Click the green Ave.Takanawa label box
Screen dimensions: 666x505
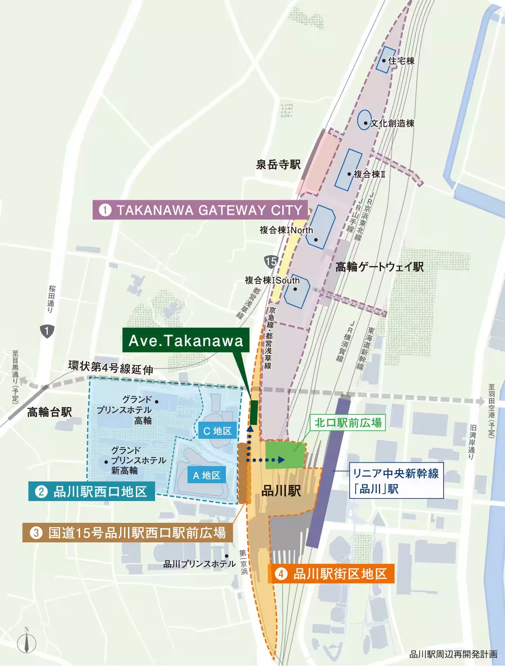pos(185,340)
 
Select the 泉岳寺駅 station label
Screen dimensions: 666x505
pos(278,165)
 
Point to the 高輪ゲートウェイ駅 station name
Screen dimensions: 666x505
pos(379,267)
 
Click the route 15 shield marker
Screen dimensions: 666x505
pos(270,262)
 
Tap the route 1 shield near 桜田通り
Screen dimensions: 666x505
pos(47,331)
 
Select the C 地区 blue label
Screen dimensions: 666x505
pos(217,431)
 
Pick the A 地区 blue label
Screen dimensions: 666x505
pos(207,475)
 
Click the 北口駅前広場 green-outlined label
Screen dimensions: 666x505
pos(348,422)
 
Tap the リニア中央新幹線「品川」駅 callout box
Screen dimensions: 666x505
pos(396,481)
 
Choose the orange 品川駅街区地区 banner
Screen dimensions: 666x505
pos(331,574)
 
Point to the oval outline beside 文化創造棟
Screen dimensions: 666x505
pos(364,120)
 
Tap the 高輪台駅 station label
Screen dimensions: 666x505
pos(49,412)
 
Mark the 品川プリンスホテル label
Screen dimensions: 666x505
pos(199,564)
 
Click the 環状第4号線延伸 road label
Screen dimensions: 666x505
pos(111,368)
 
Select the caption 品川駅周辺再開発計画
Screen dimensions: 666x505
pos(453,654)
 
